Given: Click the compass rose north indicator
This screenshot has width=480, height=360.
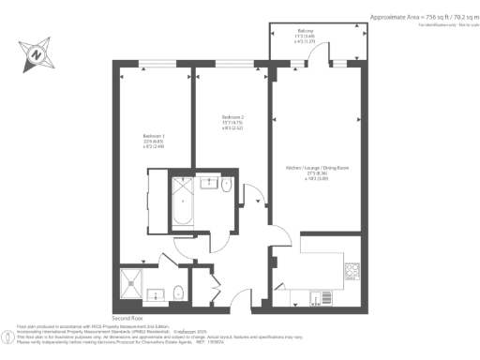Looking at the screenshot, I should (35, 55).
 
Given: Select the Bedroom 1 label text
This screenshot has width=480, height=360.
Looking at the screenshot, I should (154, 139).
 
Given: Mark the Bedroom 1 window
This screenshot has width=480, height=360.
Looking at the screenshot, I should (149, 67).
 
